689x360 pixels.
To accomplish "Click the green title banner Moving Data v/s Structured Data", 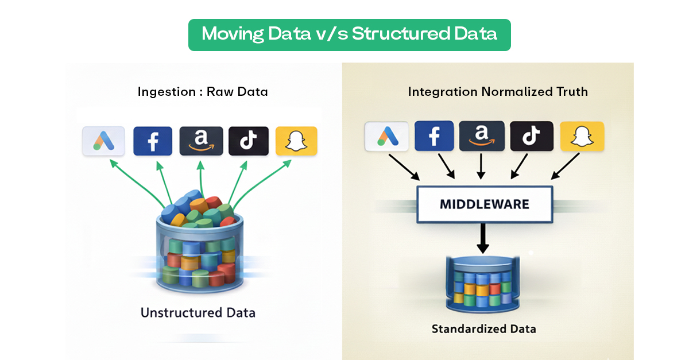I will tap(349, 34).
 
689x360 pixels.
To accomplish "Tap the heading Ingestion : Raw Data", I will tap(203, 92).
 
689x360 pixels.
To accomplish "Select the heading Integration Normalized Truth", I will tap(497, 92).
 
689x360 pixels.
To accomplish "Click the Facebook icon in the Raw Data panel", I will tap(153, 141).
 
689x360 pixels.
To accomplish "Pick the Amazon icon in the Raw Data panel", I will tap(201, 141).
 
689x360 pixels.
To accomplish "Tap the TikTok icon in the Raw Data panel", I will tap(248, 141).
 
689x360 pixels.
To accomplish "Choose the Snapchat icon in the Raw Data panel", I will tap(296, 141).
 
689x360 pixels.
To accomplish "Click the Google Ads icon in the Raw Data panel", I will tap(104, 141).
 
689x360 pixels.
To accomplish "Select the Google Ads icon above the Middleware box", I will tap(386, 137).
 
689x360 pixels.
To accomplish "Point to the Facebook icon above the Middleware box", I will tap(434, 137).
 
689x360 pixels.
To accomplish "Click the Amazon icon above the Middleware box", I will tap(482, 137).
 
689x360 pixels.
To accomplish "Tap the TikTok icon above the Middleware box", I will tap(531, 137).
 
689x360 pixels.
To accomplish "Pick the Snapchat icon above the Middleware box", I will tap(582, 137).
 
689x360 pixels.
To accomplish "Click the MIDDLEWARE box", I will tap(483, 204).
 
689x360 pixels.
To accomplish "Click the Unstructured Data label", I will tap(198, 313).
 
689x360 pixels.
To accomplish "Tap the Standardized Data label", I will tap(483, 330).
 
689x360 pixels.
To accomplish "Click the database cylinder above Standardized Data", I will tap(483, 281).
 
